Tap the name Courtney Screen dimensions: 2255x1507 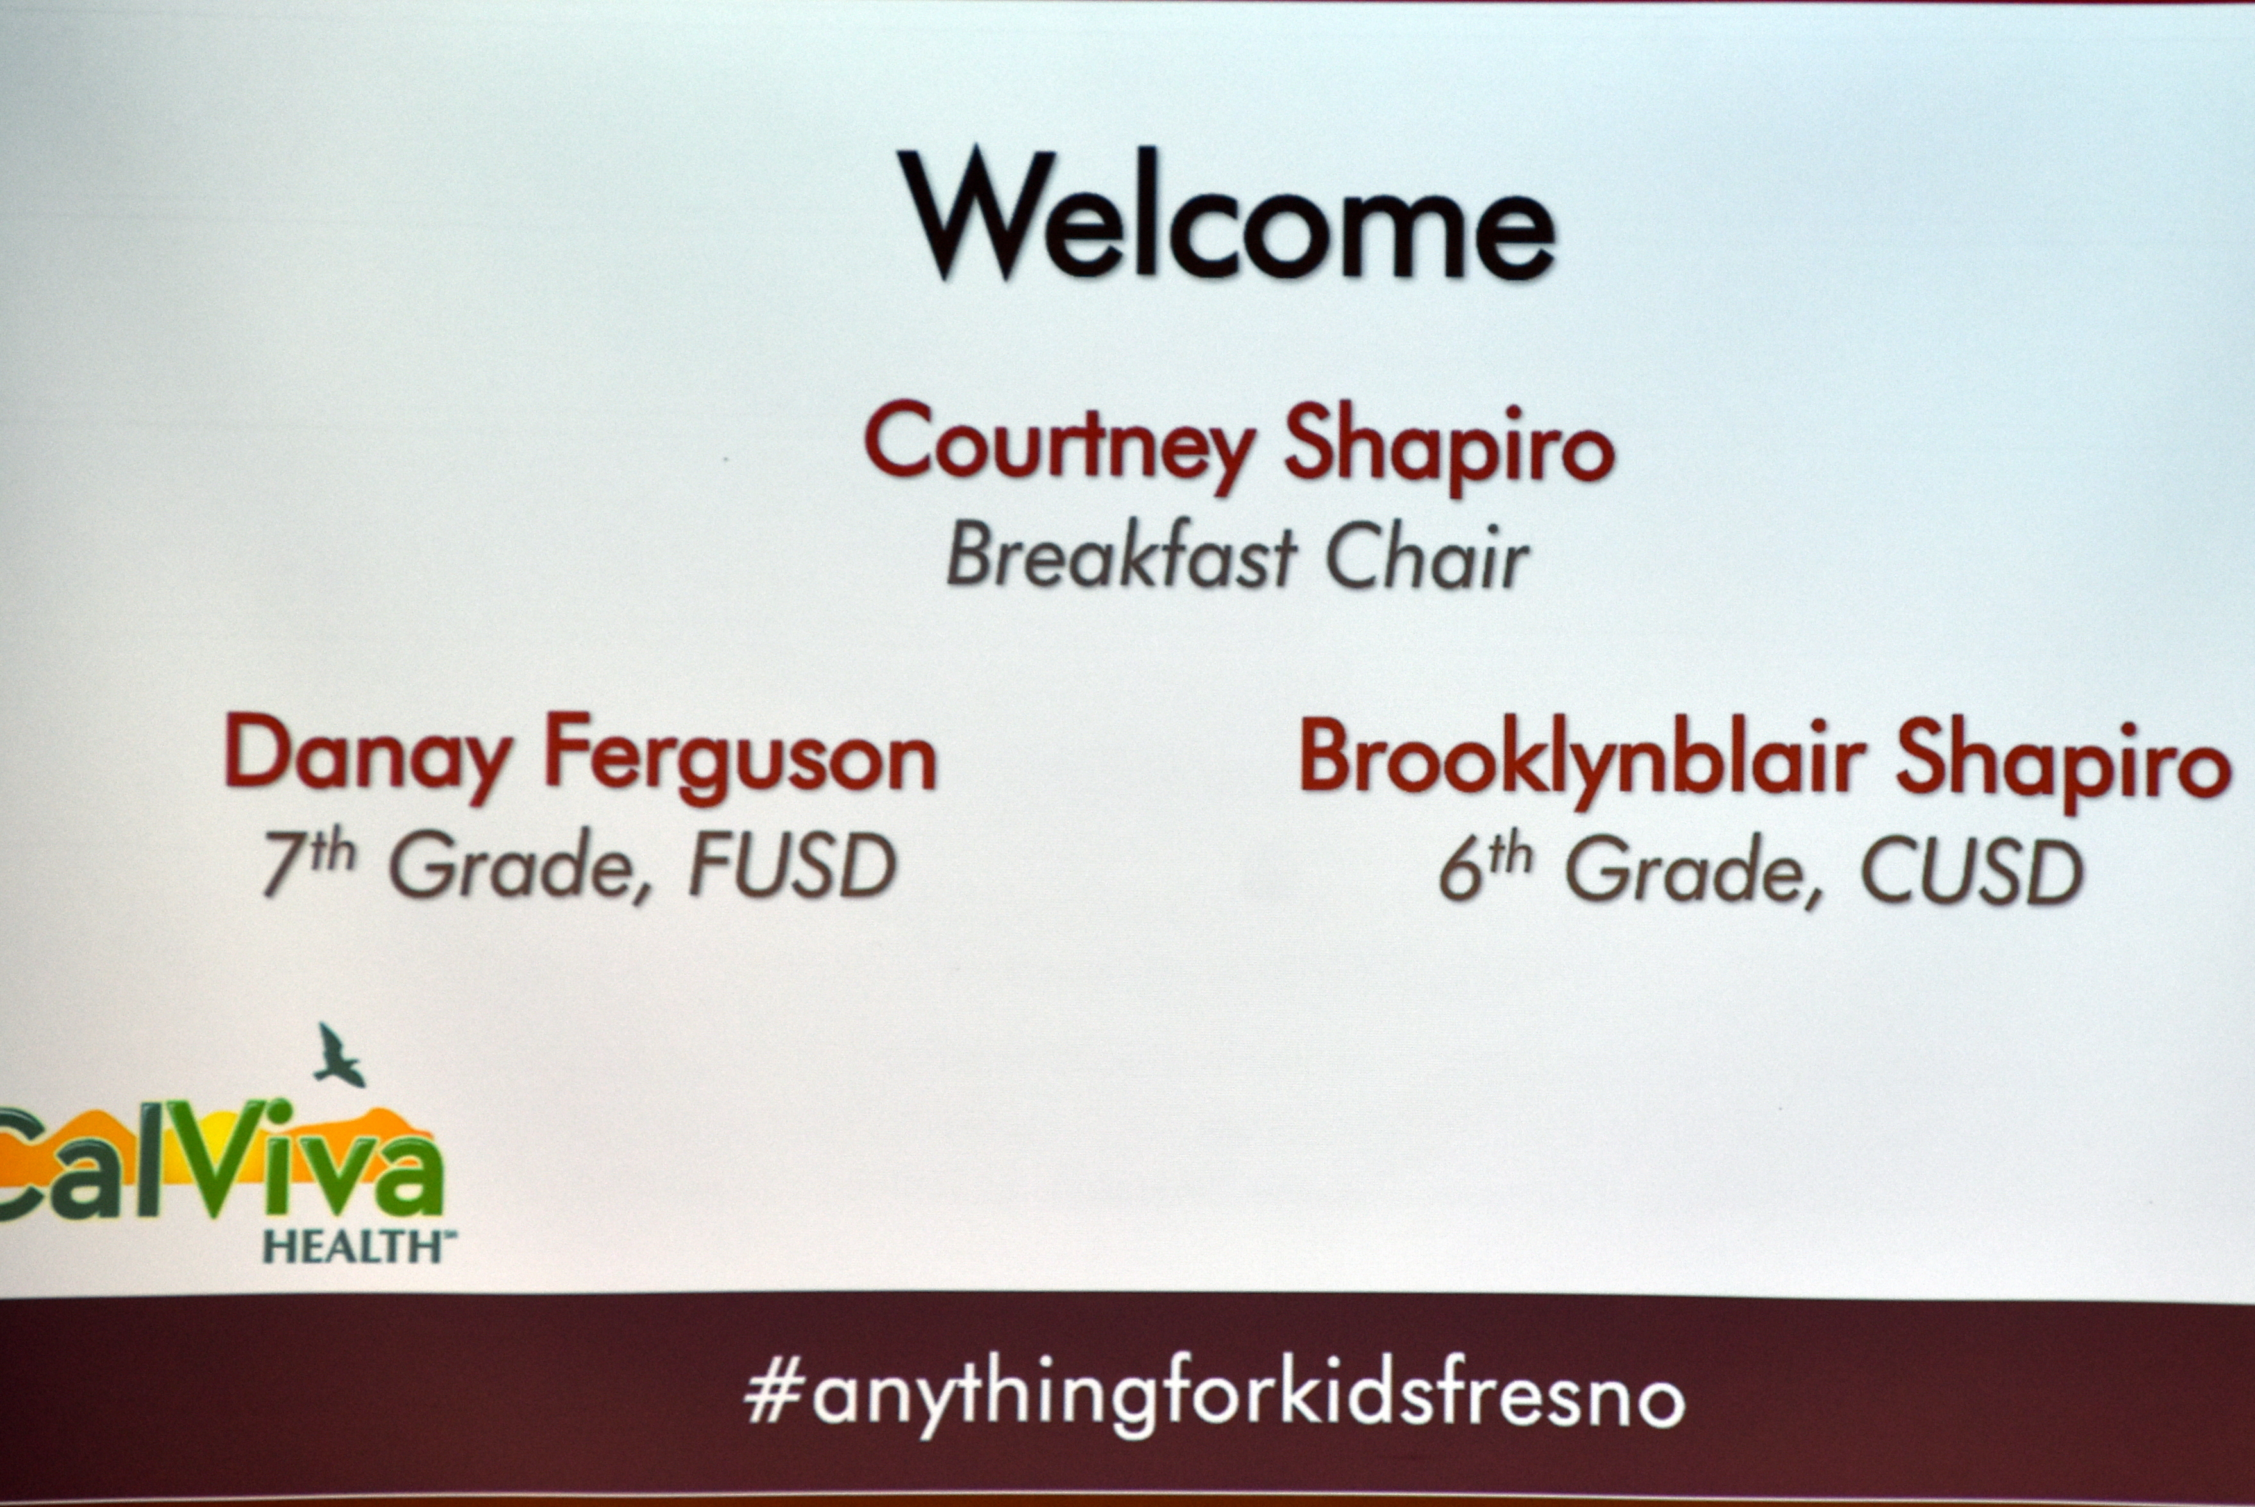[1060, 446]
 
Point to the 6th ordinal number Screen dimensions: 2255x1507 [1485, 867]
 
